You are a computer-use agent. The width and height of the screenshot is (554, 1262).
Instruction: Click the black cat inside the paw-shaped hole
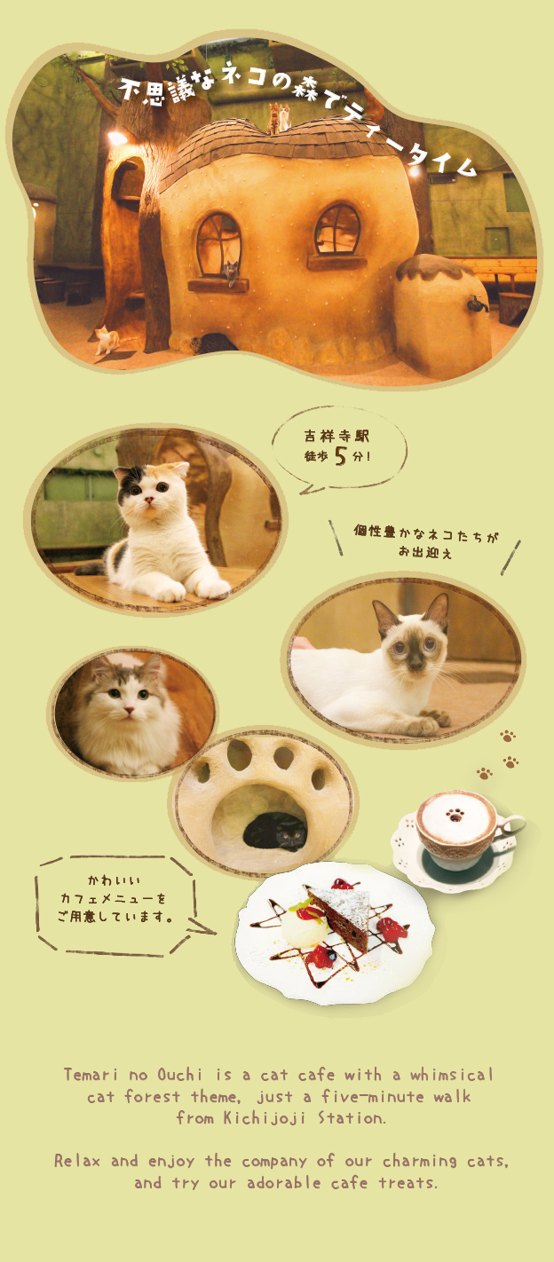click(x=276, y=833)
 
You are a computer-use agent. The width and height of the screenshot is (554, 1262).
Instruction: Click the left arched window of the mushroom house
click(x=218, y=243)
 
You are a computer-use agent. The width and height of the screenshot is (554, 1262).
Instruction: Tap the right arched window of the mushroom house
click(x=337, y=230)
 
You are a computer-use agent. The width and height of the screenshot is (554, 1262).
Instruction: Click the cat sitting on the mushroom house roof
click(x=281, y=116)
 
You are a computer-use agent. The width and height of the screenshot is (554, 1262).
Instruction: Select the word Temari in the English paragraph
click(x=91, y=1075)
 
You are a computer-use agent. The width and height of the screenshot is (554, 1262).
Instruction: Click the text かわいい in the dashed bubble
click(x=113, y=880)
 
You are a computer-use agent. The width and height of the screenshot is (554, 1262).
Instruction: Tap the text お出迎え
click(x=425, y=555)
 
